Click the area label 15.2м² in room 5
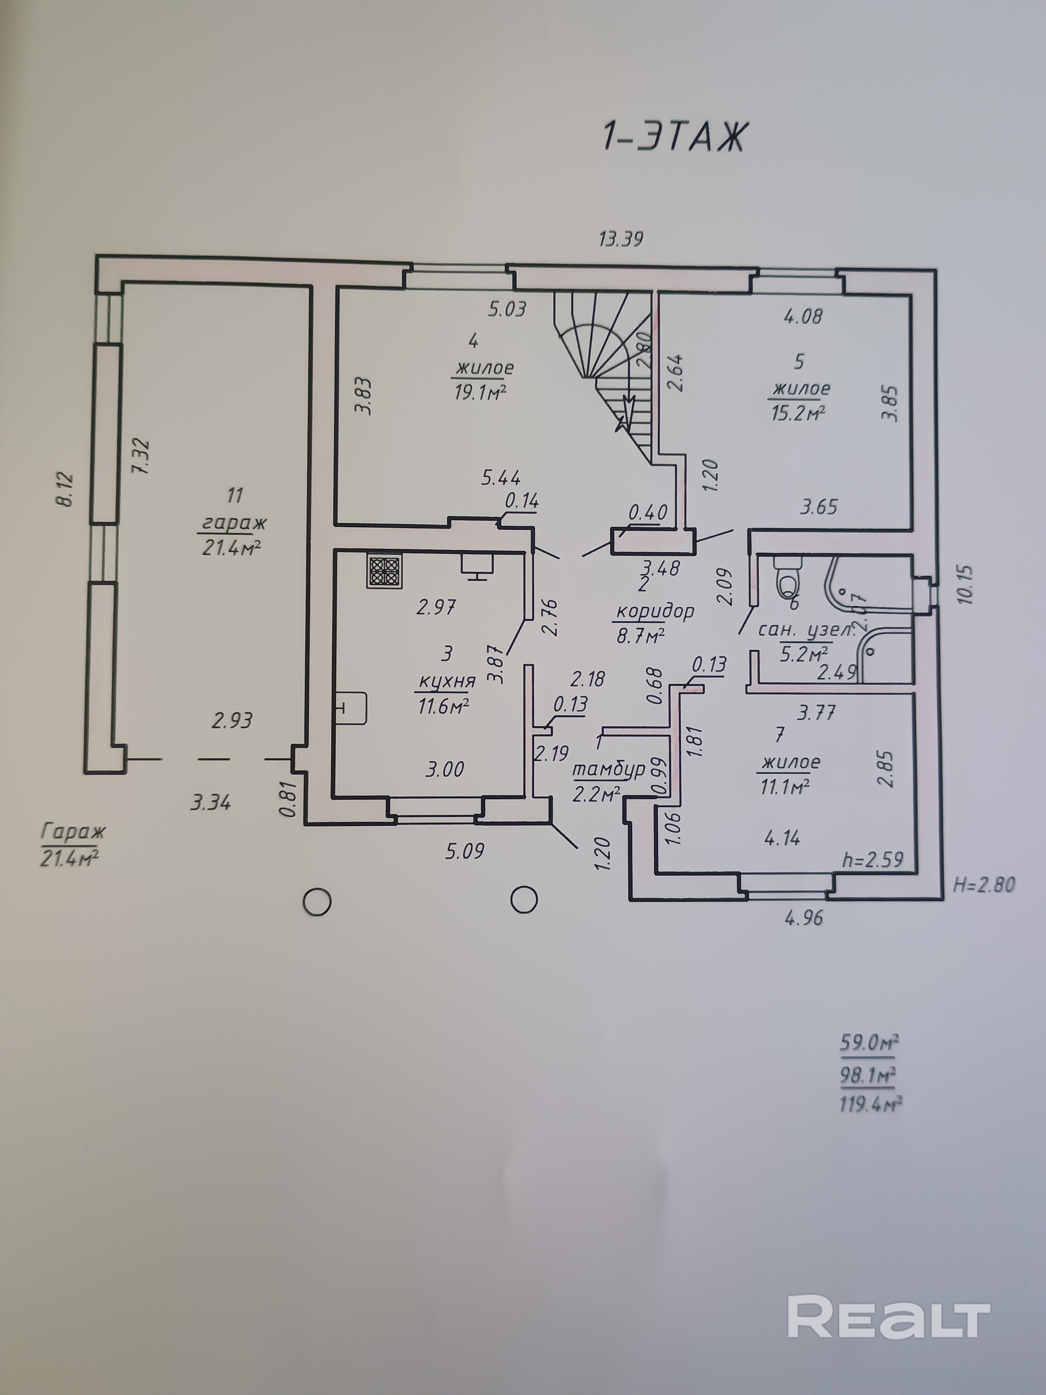[x=798, y=413]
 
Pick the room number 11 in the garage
[x=235, y=495]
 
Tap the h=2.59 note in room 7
[x=873, y=859]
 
